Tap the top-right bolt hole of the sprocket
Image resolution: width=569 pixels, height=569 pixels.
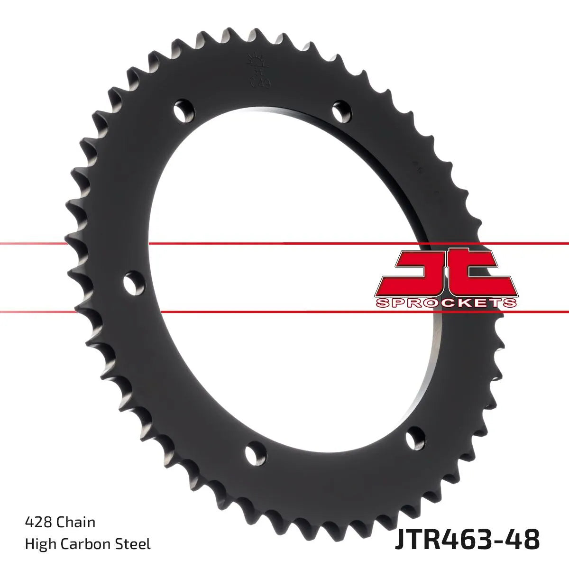[340, 111]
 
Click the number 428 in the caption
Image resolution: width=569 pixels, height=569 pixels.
[38, 523]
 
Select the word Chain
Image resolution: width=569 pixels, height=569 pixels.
[76, 523]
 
